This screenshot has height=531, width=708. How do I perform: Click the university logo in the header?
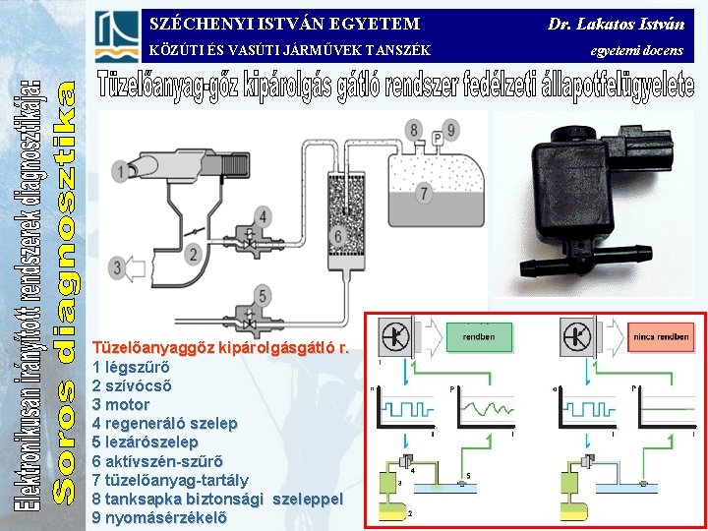coord(117,36)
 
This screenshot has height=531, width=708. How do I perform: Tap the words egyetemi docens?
coord(636,49)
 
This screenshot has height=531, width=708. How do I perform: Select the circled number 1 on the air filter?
coord(122,172)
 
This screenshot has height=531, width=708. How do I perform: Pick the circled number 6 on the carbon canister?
coord(337,234)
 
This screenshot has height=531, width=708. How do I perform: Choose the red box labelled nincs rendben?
coord(661,337)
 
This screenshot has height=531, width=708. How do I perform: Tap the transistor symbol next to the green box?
coord(396,337)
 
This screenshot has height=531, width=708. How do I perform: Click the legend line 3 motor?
coord(121,404)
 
